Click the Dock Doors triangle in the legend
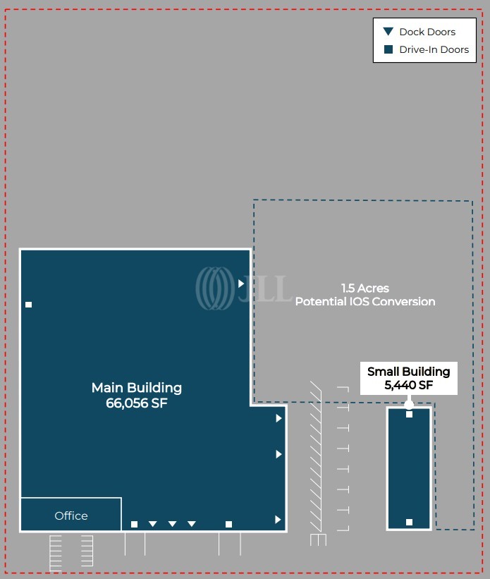click(x=388, y=32)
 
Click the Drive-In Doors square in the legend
click(x=388, y=49)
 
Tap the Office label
click(x=71, y=516)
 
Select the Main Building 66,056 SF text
click(x=136, y=396)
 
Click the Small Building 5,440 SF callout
click(x=408, y=379)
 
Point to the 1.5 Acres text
click(x=365, y=288)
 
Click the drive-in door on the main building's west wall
click(x=29, y=305)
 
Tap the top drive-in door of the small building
click(x=409, y=415)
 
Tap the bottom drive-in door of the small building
click(x=409, y=522)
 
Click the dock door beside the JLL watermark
click(x=241, y=284)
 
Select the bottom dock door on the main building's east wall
click(x=278, y=520)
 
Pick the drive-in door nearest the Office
click(x=134, y=524)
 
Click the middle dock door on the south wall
click(x=172, y=524)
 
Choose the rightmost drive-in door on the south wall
click(x=228, y=524)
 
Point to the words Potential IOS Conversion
click(x=365, y=302)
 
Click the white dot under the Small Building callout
click(x=409, y=405)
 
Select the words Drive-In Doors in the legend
click(x=434, y=49)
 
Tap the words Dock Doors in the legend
click(x=427, y=32)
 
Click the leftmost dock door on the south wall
click(x=153, y=524)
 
